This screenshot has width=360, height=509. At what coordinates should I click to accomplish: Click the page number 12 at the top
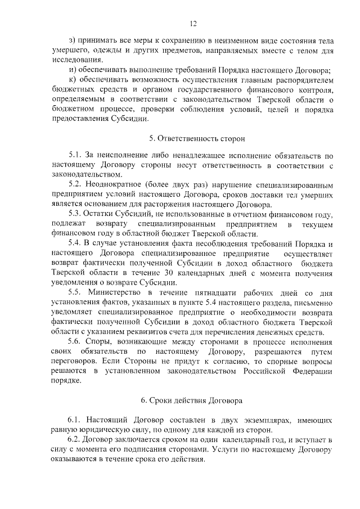pyautogui.click(x=192, y=23)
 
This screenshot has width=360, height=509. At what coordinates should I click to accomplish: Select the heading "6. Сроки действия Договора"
pyautogui.click(x=192, y=400)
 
